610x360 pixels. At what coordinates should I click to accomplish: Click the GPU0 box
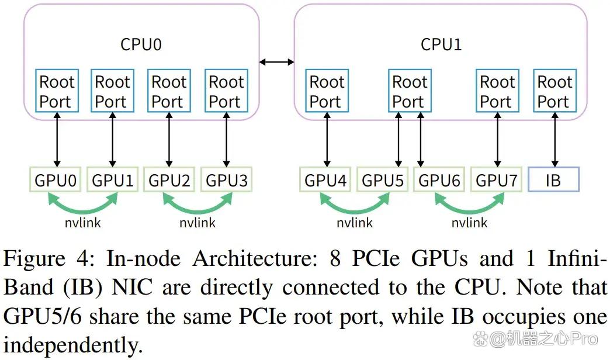coord(56,179)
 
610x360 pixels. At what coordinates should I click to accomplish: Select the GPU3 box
coord(227,179)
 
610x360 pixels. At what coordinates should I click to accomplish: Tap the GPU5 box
coord(382,179)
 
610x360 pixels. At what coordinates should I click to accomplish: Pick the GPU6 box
coord(439,179)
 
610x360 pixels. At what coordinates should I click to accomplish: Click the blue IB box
coord(553,179)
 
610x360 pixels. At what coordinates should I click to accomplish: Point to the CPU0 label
coord(141,44)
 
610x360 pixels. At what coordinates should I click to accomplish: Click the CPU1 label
coord(441,44)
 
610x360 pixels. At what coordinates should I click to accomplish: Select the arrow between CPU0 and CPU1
coord(277,62)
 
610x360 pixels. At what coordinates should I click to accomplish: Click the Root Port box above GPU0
coord(57,91)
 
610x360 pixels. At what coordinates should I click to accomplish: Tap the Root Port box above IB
coord(554,91)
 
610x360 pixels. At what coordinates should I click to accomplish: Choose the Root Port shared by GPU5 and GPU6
coord(410,91)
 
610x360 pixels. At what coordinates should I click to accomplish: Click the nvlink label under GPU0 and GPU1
coord(83,223)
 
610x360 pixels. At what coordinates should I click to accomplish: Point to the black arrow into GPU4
coord(327,140)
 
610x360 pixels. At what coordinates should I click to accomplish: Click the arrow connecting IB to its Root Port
coord(554,140)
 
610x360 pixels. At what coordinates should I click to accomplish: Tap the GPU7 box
coord(497,179)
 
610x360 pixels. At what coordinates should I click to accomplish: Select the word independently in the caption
coord(73,345)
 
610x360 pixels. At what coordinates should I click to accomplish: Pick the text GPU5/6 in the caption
coord(43,316)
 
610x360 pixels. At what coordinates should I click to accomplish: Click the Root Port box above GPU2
coord(169,91)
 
